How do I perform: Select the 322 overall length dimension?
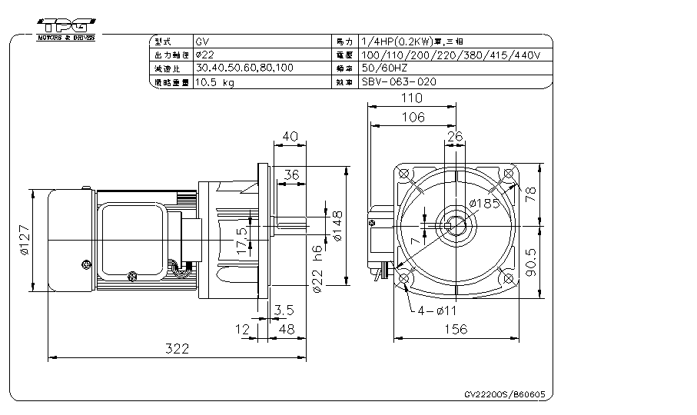[x=177, y=348]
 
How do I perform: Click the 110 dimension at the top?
[x=413, y=98]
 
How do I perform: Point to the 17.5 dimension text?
[x=243, y=241]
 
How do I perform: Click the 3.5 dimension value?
[x=284, y=310]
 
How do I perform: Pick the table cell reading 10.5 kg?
[x=215, y=82]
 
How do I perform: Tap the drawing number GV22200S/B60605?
[x=505, y=393]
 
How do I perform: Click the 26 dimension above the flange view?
[x=454, y=135]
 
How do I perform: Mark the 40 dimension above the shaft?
[x=290, y=135]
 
